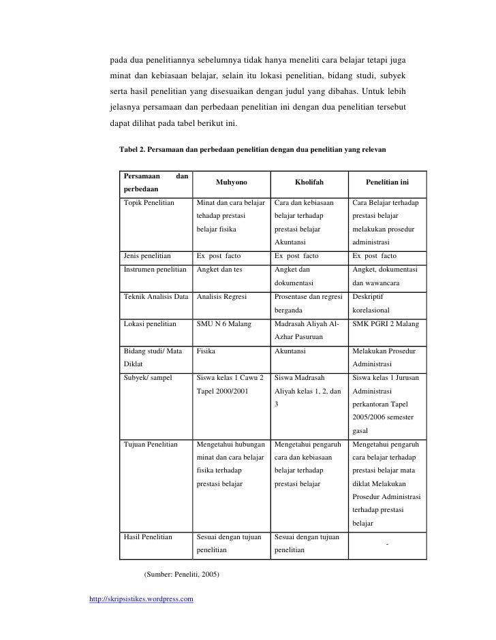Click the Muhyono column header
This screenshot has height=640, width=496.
(x=232, y=182)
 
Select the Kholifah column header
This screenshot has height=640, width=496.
(x=309, y=182)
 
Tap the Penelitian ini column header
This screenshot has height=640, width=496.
(x=387, y=182)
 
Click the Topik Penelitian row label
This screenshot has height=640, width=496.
(x=149, y=203)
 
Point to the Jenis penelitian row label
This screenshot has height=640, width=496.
(x=148, y=256)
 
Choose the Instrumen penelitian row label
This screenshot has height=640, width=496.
(x=155, y=270)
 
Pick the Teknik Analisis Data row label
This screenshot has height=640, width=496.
(x=155, y=297)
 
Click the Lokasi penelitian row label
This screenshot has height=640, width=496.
(x=150, y=324)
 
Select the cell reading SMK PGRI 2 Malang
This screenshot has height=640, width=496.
(x=385, y=324)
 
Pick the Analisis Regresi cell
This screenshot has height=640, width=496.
(x=221, y=297)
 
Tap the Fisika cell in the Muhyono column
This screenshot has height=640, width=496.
(x=206, y=351)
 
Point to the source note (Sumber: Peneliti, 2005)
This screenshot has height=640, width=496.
(x=181, y=574)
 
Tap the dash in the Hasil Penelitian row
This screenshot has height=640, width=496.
(x=387, y=543)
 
